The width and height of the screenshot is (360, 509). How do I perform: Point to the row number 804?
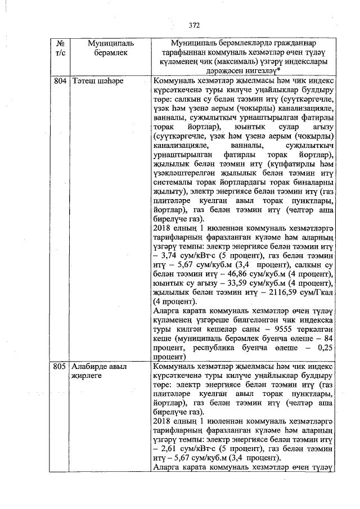tap(60, 81)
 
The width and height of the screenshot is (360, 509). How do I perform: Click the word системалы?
tap(173, 183)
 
